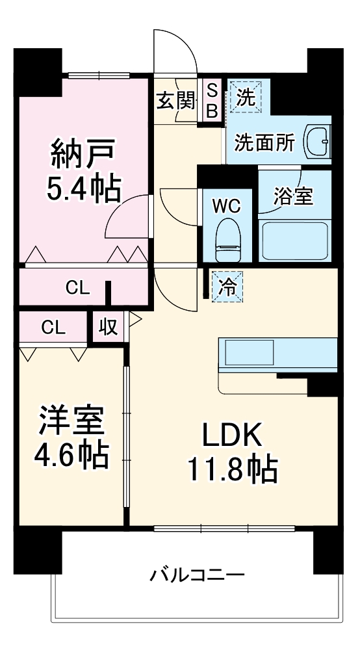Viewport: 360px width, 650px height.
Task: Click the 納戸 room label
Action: tap(83, 155)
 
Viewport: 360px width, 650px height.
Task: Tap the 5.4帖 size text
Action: tap(83, 188)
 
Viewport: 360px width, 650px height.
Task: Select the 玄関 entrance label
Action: tap(175, 100)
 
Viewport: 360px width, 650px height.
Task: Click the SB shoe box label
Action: tap(212, 100)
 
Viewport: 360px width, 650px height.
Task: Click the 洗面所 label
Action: tap(264, 142)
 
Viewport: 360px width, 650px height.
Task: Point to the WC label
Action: tap(227, 206)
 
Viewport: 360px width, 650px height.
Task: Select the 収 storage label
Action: tap(108, 328)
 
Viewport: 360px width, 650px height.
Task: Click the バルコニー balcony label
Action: tap(198, 575)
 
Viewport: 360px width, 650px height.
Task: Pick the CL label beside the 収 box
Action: tap(53, 328)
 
